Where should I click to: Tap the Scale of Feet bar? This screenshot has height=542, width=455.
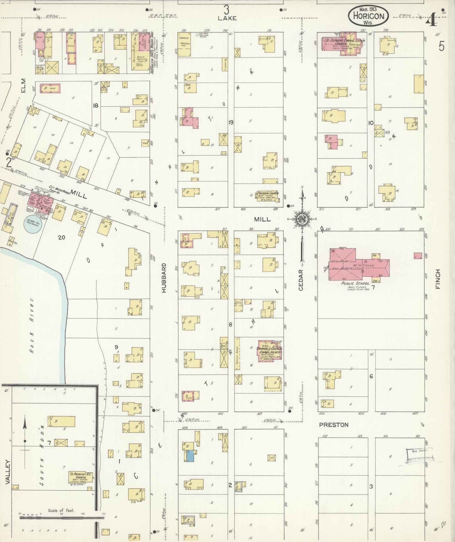pyautogui.click(x=61, y=518)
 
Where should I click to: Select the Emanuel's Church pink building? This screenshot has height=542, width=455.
pyautogui.click(x=269, y=351)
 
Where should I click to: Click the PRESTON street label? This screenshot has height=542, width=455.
pyautogui.click(x=334, y=424)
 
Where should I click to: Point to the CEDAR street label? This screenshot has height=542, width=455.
pyautogui.click(x=301, y=280)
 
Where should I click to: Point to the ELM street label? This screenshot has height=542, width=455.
pyautogui.click(x=23, y=86)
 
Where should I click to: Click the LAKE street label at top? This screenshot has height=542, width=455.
pyautogui.click(x=227, y=18)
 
